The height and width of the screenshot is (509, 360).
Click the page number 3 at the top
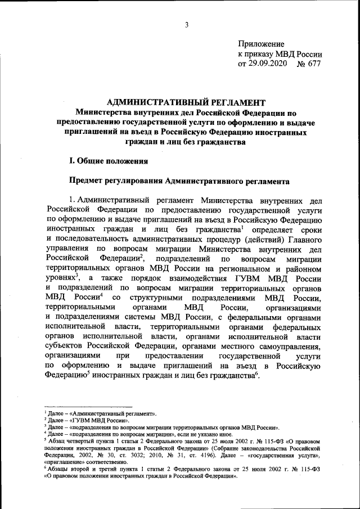185,24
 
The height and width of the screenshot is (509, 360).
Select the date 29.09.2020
267,64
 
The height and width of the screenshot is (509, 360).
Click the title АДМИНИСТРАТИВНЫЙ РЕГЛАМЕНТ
185,102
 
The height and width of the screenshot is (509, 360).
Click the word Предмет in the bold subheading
87,182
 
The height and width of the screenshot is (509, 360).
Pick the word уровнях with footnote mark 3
60,278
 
